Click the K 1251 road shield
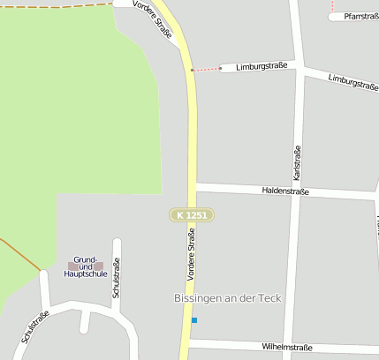192,215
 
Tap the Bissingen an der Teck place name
228,298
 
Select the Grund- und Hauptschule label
86,266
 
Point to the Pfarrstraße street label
360,16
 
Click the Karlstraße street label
297,158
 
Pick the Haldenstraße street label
285,191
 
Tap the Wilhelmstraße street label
287,348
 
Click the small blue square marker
194,319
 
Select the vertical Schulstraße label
116,278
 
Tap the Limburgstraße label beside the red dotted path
262,67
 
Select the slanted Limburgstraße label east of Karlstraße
352,82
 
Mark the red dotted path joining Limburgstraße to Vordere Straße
206,69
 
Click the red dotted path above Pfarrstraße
332,8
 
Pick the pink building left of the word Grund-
72,266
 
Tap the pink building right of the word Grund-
99,266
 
